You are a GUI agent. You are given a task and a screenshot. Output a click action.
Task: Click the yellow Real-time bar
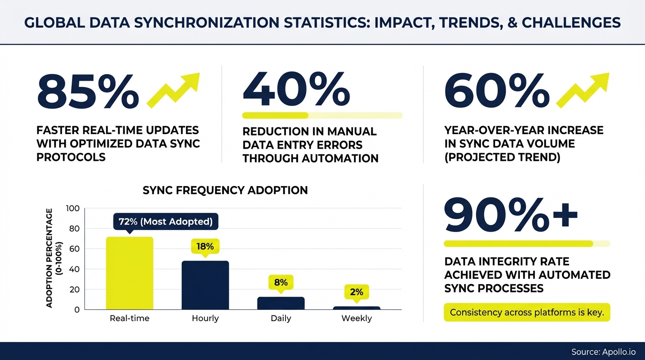(x=130, y=273)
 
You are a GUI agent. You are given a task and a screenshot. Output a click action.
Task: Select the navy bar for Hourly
(x=205, y=285)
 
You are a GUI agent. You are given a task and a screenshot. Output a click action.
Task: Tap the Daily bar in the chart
(x=281, y=303)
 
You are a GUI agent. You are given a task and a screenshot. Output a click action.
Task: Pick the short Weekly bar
(x=356, y=308)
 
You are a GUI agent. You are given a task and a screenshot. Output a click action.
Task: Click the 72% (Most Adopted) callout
(x=165, y=222)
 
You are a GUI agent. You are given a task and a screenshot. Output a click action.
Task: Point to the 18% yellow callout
(x=205, y=247)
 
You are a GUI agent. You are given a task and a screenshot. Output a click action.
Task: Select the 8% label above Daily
(x=281, y=283)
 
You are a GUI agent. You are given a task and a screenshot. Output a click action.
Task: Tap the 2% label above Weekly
(x=356, y=292)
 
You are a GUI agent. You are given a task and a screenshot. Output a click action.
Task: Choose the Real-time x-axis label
(x=129, y=318)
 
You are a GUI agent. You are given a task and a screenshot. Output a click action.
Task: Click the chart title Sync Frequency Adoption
(x=225, y=190)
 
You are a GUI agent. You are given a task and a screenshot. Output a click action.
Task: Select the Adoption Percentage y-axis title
(x=53, y=258)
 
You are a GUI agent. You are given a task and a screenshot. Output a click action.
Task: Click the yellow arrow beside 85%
(x=173, y=90)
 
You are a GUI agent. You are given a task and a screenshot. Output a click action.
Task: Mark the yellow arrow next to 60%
(x=583, y=90)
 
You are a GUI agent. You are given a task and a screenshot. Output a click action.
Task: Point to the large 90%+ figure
(x=510, y=215)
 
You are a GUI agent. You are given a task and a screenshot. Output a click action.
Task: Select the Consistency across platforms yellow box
(x=527, y=312)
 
